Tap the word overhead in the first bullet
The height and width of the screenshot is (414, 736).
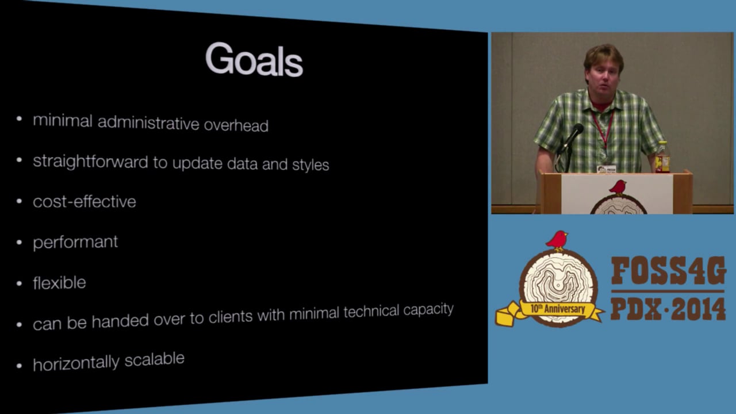click(x=236, y=125)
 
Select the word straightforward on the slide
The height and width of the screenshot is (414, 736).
click(x=91, y=162)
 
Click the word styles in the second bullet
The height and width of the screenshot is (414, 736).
click(x=310, y=165)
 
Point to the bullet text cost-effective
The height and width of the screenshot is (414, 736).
click(x=85, y=202)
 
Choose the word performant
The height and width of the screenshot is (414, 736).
click(x=75, y=242)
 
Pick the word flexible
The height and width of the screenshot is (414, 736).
click(x=59, y=283)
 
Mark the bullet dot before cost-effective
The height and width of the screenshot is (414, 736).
click(x=20, y=202)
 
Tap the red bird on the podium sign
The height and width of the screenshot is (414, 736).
click(x=618, y=187)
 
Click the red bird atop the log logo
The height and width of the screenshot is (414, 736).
click(x=557, y=240)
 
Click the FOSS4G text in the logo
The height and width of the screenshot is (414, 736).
click(x=668, y=271)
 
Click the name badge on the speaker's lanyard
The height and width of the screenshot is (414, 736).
click(x=606, y=169)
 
